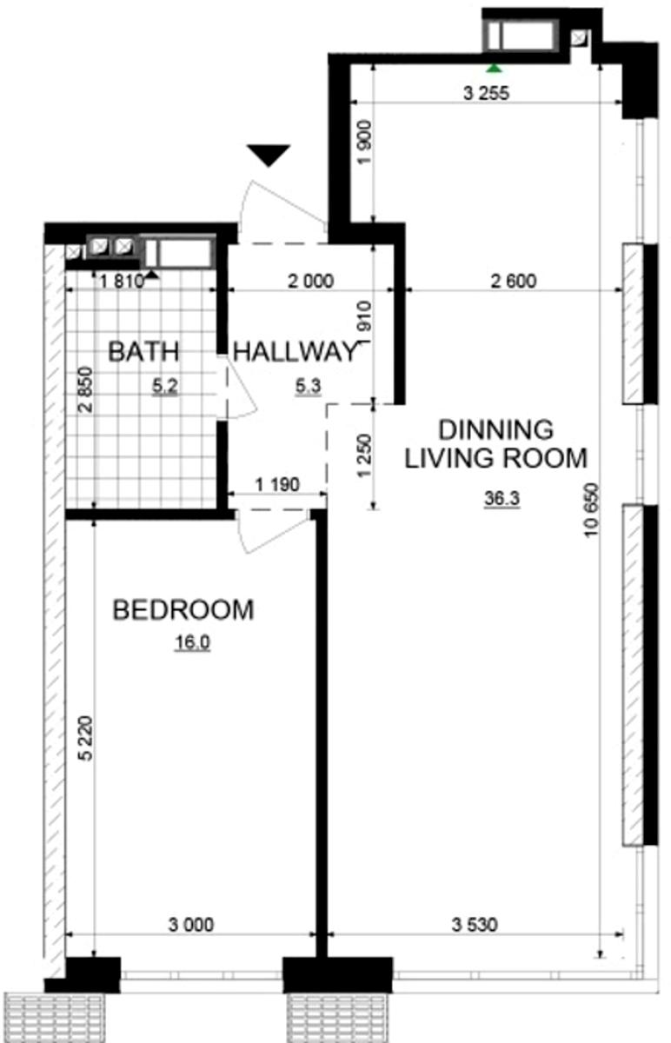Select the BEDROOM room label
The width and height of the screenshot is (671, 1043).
point(183,609)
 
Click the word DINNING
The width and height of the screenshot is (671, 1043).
point(496,429)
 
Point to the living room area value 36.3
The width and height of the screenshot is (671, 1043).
point(502,498)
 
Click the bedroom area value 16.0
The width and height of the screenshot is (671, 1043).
point(192,642)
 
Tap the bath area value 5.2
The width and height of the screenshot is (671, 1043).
point(165,386)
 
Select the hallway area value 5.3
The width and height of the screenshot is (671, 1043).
point(309,386)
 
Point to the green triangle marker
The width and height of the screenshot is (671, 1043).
point(494,69)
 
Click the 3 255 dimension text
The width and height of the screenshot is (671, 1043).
point(487,93)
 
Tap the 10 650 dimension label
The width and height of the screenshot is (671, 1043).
point(591,510)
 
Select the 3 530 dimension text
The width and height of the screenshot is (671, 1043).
point(475,924)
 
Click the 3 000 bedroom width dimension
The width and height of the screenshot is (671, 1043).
point(191,924)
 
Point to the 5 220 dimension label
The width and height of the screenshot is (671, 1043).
point(86,738)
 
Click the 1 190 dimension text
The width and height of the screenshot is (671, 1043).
point(277,485)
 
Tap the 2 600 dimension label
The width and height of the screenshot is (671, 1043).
point(514,281)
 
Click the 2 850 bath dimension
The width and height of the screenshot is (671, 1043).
point(86,389)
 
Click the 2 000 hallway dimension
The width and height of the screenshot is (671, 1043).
point(310,281)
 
